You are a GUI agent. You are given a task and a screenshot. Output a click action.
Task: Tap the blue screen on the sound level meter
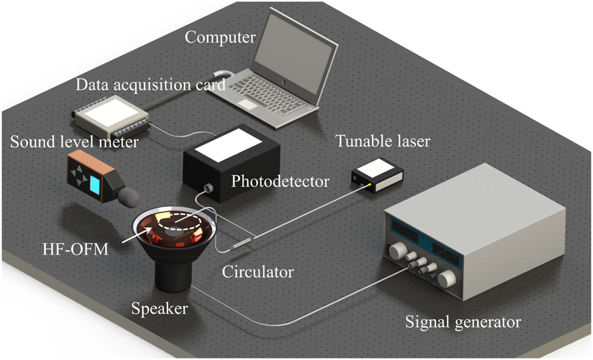click(96, 184)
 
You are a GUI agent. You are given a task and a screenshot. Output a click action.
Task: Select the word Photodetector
click(280, 181)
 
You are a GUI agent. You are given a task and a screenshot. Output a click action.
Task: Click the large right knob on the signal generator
click(447, 278)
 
